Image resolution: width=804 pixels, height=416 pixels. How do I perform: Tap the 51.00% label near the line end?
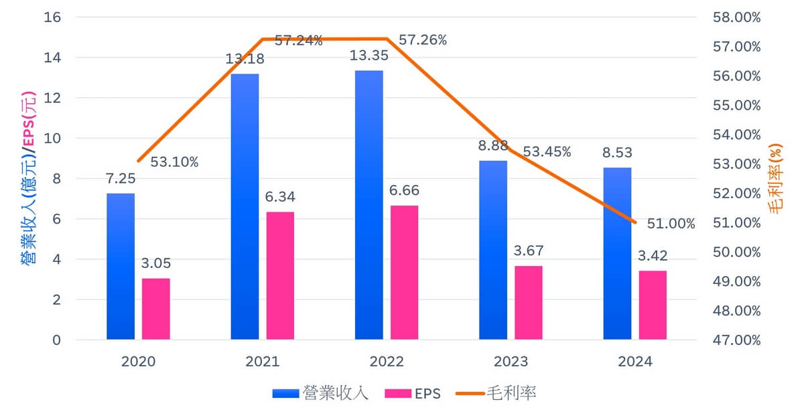tap(671, 224)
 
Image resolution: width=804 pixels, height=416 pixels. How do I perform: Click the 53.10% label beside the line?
tap(174, 162)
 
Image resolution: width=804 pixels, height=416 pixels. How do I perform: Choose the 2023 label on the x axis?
tap(511, 362)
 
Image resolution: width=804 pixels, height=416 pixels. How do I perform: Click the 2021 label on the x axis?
tap(263, 362)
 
